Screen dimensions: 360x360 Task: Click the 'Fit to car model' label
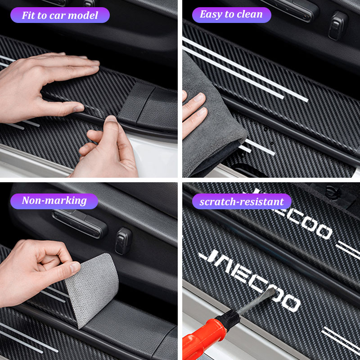(x=60, y=15)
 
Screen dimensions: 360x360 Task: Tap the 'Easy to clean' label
(x=231, y=15)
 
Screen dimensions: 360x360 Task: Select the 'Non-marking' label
(x=54, y=201)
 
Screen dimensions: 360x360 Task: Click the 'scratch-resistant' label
(x=242, y=201)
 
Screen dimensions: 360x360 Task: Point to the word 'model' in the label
(x=83, y=15)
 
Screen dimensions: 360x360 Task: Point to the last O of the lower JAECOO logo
(x=292, y=302)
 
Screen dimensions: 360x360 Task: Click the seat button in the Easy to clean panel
(x=338, y=25)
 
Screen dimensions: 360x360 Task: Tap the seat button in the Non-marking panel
(x=123, y=241)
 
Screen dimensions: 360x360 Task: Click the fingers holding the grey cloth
(x=195, y=112)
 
